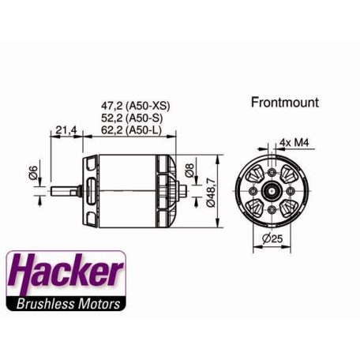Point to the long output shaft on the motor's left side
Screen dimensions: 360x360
[65, 190]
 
